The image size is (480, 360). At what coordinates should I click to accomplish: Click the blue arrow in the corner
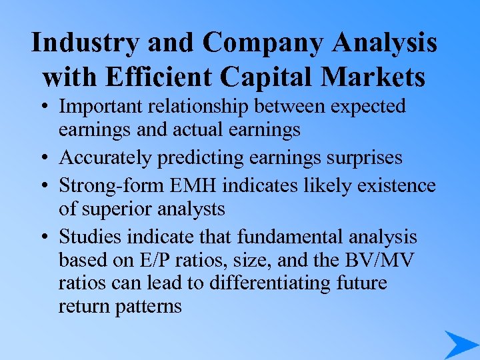[460, 345]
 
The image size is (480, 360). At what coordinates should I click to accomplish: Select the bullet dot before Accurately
[45, 158]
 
